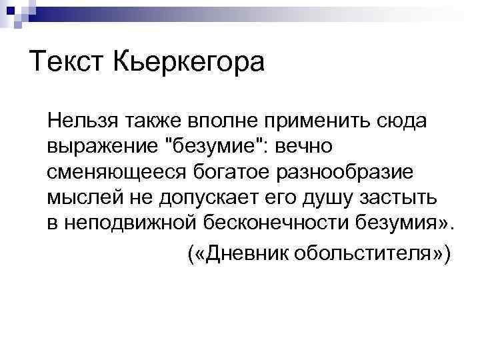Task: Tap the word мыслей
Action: point(79,196)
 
